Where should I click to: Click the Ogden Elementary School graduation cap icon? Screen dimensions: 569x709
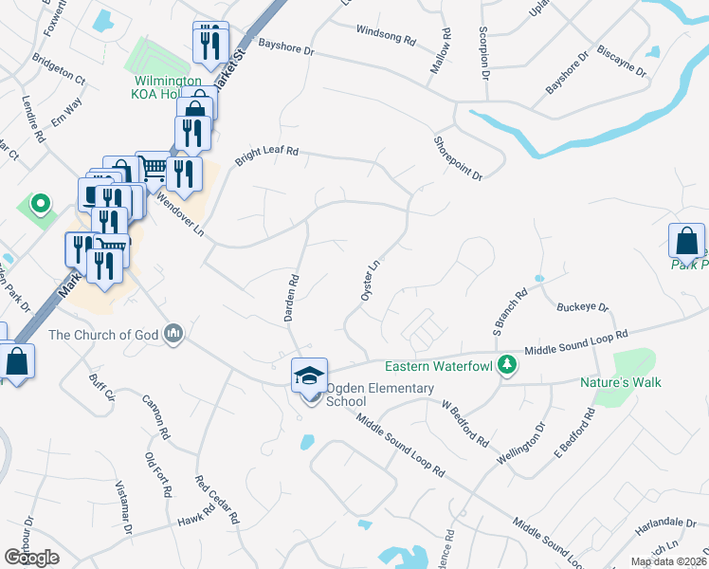[x=309, y=376]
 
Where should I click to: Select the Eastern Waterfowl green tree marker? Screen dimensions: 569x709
[x=508, y=365]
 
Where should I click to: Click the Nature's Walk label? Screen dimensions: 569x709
[x=620, y=382]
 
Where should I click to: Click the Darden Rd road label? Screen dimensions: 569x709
[x=293, y=298]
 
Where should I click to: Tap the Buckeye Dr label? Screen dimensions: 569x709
[x=582, y=308]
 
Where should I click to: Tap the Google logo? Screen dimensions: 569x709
[x=31, y=557]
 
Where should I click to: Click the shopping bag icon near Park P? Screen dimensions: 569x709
[x=686, y=243]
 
